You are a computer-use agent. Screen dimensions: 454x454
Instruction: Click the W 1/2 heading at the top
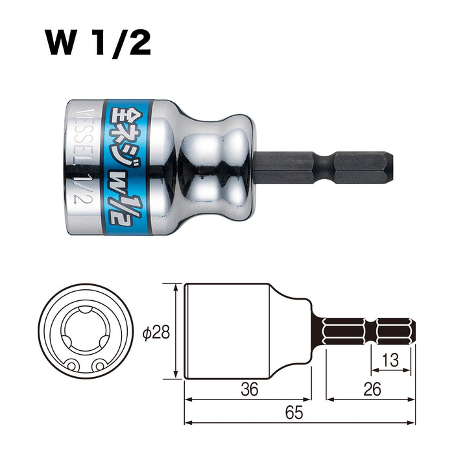tap(97, 43)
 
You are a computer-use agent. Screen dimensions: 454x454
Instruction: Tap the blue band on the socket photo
tap(127, 167)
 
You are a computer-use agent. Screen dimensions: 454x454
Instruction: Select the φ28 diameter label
tap(156, 332)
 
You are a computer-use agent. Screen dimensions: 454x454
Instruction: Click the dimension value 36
tap(249, 389)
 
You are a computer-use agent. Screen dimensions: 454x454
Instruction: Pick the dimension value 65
tap(294, 412)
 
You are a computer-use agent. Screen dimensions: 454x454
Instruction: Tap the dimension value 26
tap(372, 389)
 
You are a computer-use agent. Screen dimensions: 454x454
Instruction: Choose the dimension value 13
tap(390, 360)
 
